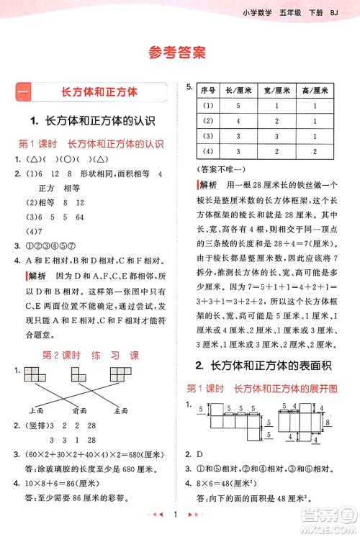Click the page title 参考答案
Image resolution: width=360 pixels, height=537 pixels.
click(x=179, y=52)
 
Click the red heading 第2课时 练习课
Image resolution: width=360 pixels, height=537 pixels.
click(x=90, y=356)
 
